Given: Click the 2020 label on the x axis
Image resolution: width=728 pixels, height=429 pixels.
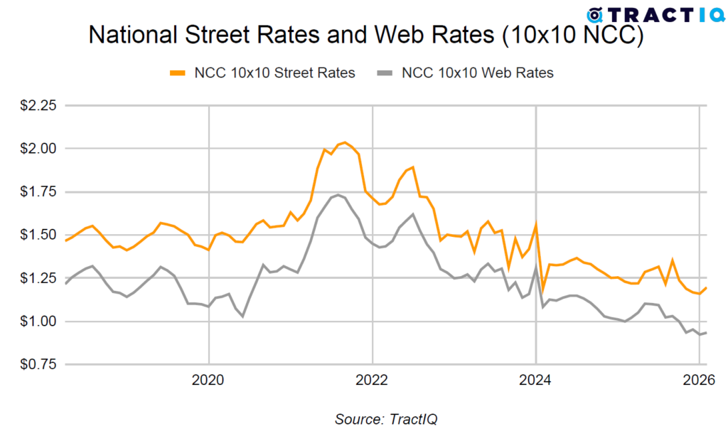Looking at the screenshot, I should pos(209,381).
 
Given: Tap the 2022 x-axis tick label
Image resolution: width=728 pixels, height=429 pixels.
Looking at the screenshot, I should pos(373,381).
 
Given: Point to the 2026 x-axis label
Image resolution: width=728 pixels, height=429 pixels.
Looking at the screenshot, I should pos(700,381).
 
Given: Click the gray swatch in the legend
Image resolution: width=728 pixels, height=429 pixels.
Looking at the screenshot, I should pos(385,73).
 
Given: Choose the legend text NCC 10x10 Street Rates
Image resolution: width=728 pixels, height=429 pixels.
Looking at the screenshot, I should pos(274,73).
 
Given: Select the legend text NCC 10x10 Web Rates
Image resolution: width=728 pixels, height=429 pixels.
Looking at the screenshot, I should pos(478,73).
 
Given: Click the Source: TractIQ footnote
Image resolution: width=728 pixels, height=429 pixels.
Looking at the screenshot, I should pos(387,418).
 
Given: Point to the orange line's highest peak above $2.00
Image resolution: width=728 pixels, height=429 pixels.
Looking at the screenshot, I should pos(345,142).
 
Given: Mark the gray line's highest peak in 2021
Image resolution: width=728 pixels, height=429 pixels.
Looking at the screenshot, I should pos(338,194).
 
